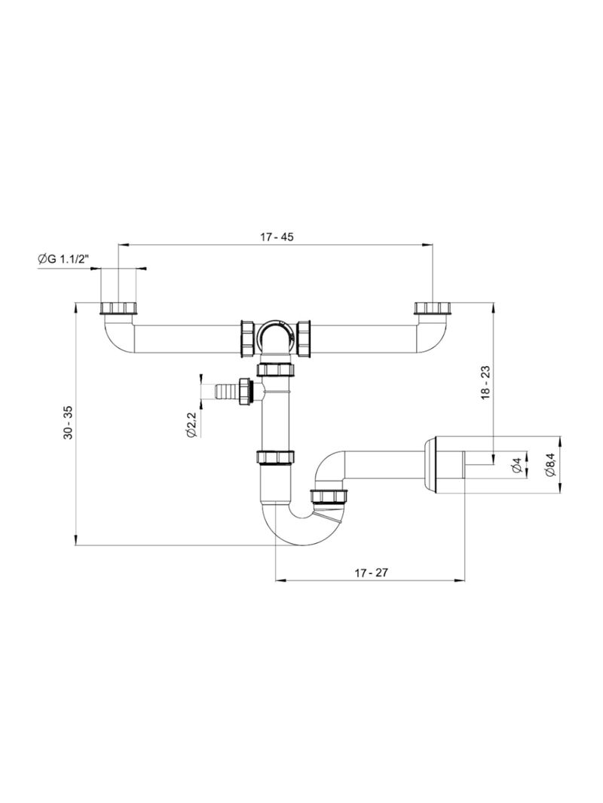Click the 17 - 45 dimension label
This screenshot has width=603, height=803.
[277, 237]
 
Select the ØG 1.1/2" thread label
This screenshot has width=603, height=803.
[63, 260]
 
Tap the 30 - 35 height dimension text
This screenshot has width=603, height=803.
[69, 423]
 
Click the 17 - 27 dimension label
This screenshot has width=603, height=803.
[370, 572]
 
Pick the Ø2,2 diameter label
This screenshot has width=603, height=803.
[191, 426]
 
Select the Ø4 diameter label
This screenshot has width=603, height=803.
[517, 466]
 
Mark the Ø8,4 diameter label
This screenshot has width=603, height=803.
[549, 466]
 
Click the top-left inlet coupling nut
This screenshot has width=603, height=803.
[120, 308]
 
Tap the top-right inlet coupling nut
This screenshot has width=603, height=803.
[432, 308]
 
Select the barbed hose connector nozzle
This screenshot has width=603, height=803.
[224, 392]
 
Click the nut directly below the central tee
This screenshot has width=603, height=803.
[275, 369]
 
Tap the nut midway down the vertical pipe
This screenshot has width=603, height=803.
[275, 456]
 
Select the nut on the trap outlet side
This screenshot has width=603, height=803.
[329, 496]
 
